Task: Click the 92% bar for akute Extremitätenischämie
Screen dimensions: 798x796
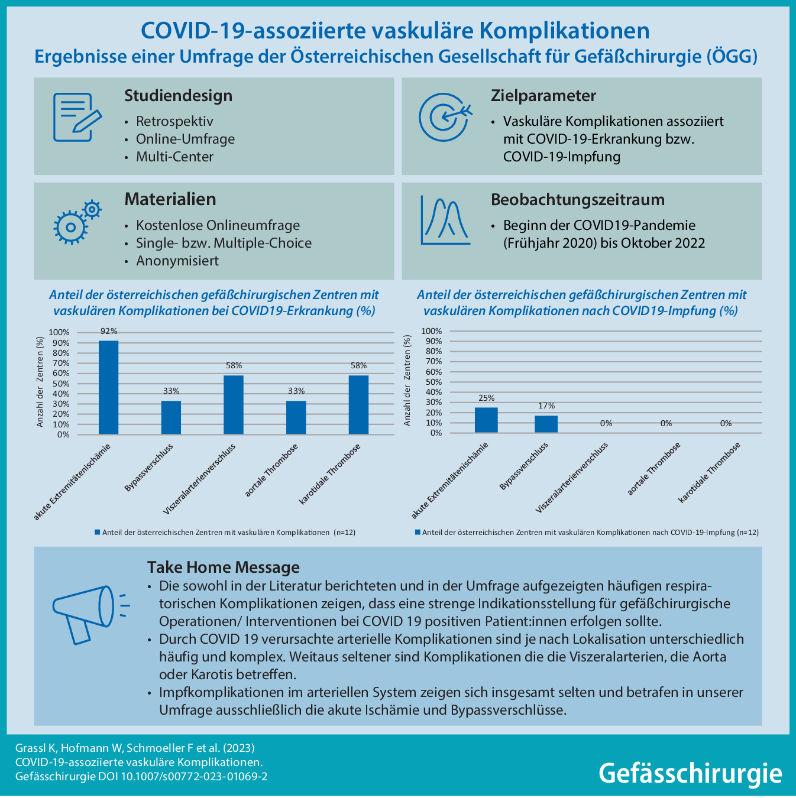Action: pos(108,387)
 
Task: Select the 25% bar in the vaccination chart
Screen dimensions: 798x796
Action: pos(486,420)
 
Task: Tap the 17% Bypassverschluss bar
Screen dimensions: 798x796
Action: pos(546,424)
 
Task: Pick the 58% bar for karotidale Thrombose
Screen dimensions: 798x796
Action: pos(358,405)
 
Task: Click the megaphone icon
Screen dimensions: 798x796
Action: pos(86,614)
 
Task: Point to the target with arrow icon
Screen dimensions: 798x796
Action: pos(445,117)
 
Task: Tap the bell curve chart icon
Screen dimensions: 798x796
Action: pos(445,220)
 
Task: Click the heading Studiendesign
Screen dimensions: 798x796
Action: pos(178,96)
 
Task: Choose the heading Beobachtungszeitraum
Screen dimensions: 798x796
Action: pos(577,200)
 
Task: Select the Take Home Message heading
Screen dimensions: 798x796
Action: pos(223,567)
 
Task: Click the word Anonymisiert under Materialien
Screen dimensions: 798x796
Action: pos(177,261)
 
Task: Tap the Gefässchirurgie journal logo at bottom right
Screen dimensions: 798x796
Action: pos(690,773)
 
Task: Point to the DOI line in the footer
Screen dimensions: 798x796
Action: pos(141,776)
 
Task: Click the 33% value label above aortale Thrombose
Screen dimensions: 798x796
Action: pos(296,391)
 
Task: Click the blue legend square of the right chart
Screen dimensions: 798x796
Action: pos(418,532)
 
